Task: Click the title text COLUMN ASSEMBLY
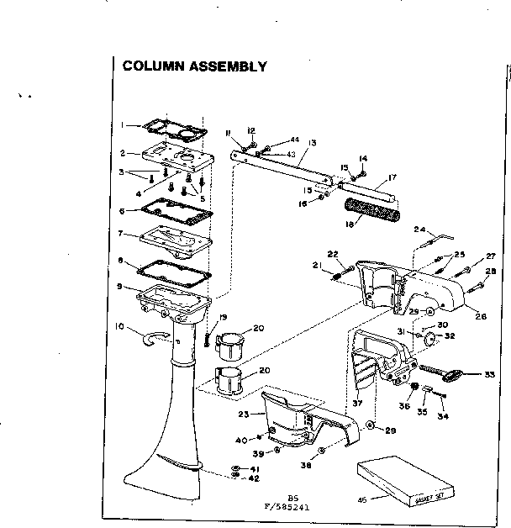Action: [x=194, y=66]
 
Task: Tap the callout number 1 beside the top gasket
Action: [x=123, y=125]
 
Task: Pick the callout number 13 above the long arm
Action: [x=311, y=144]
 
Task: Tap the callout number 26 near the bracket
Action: [x=457, y=316]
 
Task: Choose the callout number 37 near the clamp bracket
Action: [x=357, y=404]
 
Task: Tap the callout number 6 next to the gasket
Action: [x=123, y=211]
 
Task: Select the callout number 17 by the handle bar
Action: [x=391, y=177]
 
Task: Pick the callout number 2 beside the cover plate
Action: [x=123, y=154]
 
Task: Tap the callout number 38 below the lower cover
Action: [x=303, y=464]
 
